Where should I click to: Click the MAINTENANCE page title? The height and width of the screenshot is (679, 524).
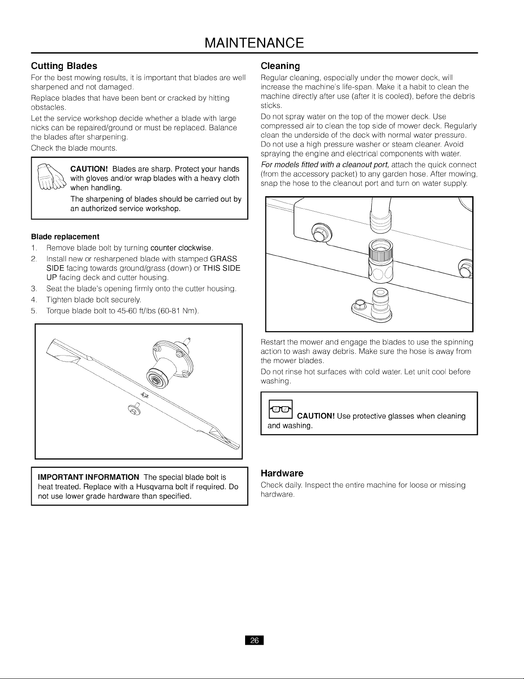pyautogui.click(x=254, y=43)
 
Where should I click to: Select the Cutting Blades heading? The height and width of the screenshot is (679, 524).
pyautogui.click(x=64, y=66)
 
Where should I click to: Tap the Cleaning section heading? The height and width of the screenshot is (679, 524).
pyautogui.click(x=280, y=66)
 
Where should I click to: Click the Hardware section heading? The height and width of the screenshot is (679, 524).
pyautogui.click(x=282, y=473)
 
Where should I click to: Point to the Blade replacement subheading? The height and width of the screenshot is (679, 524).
pyautogui.click(x=65, y=236)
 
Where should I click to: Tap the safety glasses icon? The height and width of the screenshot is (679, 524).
pyautogui.click(x=281, y=409)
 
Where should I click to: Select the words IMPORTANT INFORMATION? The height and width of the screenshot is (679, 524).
pyautogui.click(x=88, y=477)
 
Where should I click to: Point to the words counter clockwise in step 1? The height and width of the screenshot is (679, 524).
pyautogui.click(x=181, y=248)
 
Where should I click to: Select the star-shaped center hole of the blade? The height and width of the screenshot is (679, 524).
pyautogui.click(x=145, y=395)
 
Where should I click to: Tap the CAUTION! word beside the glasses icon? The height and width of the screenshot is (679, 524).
pyautogui.click(x=316, y=416)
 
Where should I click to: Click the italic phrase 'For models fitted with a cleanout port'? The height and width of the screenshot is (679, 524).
pyautogui.click(x=325, y=165)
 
